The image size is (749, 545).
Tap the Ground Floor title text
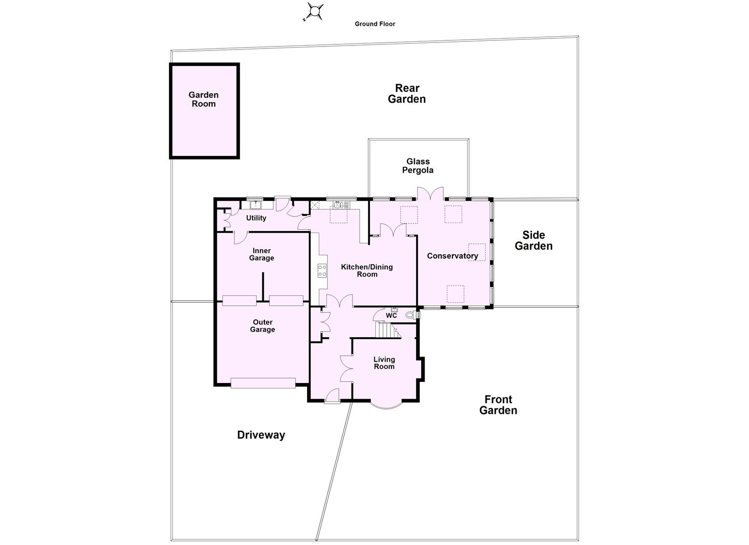(x=375, y=24)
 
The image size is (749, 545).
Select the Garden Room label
(x=203, y=99)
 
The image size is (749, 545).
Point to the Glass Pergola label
(x=418, y=166)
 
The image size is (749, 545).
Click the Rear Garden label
(x=407, y=94)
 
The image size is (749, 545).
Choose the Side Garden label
(x=534, y=241)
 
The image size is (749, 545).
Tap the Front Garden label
(x=498, y=405)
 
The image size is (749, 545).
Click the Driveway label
(x=261, y=435)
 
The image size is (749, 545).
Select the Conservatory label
(x=452, y=256)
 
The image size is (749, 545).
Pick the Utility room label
(x=256, y=218)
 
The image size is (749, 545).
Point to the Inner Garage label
(x=262, y=254)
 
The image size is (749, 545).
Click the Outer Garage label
(x=263, y=326)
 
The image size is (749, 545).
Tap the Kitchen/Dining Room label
(x=367, y=270)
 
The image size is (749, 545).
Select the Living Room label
(x=384, y=363)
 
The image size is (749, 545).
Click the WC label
(x=391, y=316)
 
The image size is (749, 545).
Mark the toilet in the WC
(x=411, y=315)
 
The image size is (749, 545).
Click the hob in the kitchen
(x=322, y=270)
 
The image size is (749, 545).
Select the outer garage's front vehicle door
(x=263, y=383)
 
